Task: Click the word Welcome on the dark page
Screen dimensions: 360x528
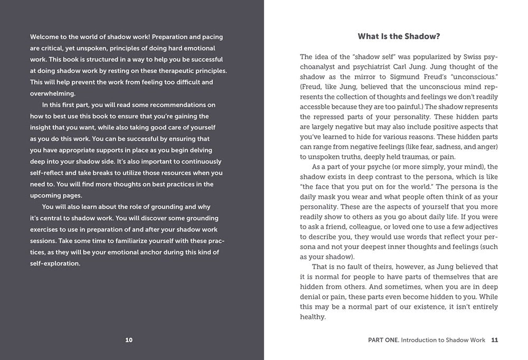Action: (45, 36)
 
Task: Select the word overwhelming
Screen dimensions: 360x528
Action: (53, 93)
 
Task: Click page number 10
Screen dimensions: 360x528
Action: (129, 340)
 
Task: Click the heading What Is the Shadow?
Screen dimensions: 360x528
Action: (399, 36)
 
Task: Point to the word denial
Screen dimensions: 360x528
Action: (312, 297)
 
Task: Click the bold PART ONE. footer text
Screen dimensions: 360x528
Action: (383, 340)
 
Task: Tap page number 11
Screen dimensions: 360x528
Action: (494, 340)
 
